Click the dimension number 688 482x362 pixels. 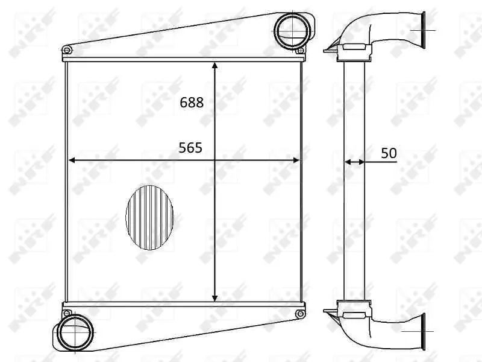click(192, 102)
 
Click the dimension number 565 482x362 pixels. click(190, 148)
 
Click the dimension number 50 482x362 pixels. click(389, 153)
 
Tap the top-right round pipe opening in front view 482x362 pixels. click(292, 30)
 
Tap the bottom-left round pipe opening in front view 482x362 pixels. click(75, 332)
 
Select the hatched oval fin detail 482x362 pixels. click(149, 217)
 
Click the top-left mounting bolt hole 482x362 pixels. click(67, 50)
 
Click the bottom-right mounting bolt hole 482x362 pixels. click(300, 314)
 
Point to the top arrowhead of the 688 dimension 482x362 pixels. click(215, 65)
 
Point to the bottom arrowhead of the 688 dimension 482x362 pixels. click(215, 298)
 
